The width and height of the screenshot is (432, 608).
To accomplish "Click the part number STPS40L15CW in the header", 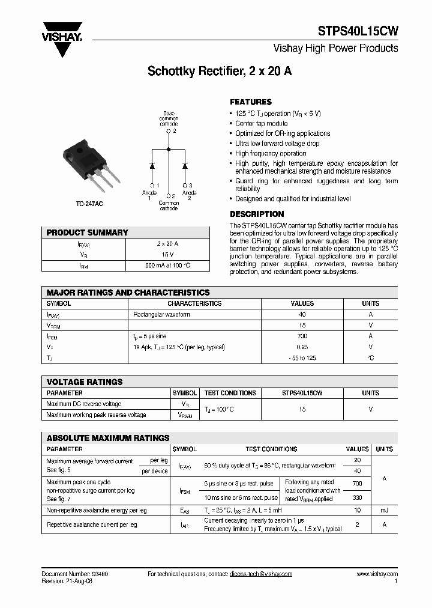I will click(x=358, y=32).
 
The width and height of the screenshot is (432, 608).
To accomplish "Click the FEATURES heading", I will click(x=251, y=102).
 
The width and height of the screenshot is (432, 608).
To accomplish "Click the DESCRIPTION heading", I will click(x=257, y=214).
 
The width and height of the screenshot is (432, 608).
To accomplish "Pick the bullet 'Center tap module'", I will click(x=261, y=123).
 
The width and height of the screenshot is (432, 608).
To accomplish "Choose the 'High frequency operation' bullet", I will click(x=271, y=153).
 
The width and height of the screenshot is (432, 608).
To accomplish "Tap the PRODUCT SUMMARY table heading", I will click(x=88, y=233).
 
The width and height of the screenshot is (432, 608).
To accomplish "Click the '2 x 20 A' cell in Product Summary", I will click(x=163, y=243).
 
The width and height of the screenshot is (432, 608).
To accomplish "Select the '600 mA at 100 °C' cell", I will click(x=163, y=265).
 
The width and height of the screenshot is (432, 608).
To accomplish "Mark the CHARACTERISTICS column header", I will click(x=194, y=303).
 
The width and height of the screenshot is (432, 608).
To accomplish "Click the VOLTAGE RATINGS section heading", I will click(x=85, y=382).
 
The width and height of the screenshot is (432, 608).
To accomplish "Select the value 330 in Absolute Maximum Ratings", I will click(x=358, y=497).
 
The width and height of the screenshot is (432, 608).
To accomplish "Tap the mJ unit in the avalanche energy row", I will click(x=384, y=510).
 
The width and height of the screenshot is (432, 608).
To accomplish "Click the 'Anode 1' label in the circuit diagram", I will click(x=149, y=195).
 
